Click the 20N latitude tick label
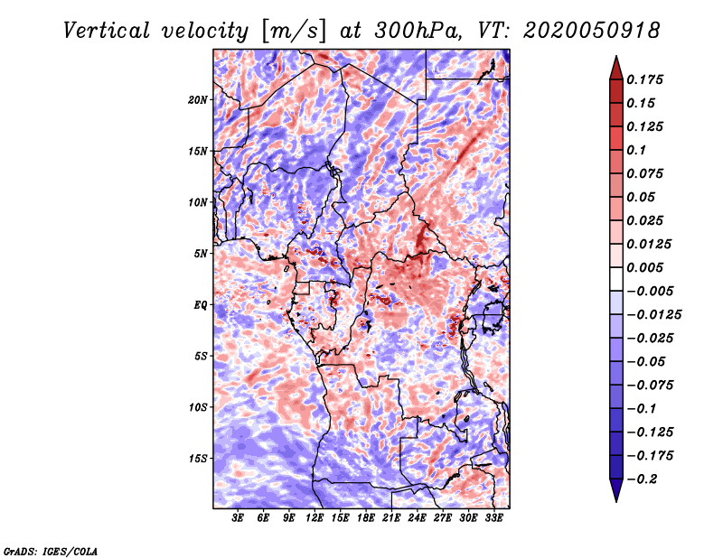198,100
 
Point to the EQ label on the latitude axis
201,305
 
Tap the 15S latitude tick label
198,459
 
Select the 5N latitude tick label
201,254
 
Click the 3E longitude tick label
238,517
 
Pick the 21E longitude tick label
391,517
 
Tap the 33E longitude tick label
493,517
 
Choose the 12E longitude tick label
315,517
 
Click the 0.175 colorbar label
644,79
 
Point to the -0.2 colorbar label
642,479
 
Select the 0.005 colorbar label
644,267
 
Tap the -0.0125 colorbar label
653,315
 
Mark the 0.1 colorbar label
636,150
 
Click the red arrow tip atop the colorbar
616,56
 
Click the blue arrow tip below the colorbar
616,501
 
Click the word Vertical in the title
106,31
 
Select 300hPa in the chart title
418,31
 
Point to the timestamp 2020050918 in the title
592,31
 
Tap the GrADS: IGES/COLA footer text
51,551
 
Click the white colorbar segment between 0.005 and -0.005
616,279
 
